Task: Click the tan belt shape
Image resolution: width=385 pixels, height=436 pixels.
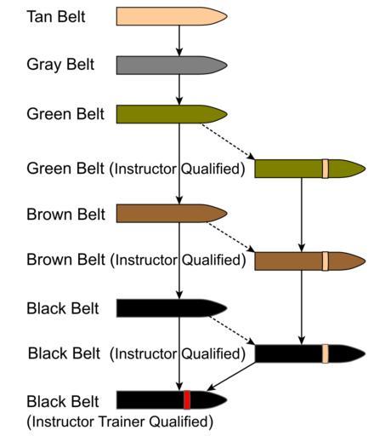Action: pyautogui.click(x=172, y=16)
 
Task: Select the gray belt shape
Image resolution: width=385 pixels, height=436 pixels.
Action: pyautogui.click(x=172, y=66)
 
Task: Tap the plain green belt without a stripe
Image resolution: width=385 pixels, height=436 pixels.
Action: pyautogui.click(x=172, y=114)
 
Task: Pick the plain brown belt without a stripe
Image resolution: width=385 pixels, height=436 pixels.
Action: pyautogui.click(x=172, y=213)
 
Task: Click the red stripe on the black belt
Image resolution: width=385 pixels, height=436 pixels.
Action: pyautogui.click(x=187, y=399)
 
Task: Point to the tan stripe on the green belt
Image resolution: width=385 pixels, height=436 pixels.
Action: pyautogui.click(x=326, y=169)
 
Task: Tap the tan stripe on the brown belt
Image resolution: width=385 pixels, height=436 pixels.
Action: pyautogui.click(x=326, y=261)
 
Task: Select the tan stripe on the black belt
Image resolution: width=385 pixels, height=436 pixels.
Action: pyautogui.click(x=326, y=353)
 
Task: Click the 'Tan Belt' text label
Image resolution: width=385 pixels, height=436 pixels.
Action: pyautogui.click(x=56, y=16)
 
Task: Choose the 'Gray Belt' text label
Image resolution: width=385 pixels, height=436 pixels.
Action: pyautogui.click(x=60, y=65)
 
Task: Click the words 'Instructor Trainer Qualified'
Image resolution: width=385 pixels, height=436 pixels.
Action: pyautogui.click(x=120, y=422)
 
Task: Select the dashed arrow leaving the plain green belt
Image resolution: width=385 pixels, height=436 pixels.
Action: pyautogui.click(x=228, y=141)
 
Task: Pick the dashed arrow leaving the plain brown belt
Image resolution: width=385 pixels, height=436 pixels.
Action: pyautogui.click(x=231, y=238)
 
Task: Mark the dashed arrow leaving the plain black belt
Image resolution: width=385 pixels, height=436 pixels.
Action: pyautogui.click(x=233, y=330)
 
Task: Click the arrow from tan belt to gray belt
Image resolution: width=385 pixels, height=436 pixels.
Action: pyautogui.click(x=179, y=41)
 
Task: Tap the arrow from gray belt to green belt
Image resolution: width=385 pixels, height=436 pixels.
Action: pyautogui.click(x=179, y=89)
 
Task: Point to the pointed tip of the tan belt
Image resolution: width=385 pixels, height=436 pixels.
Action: pyautogui.click(x=227, y=16)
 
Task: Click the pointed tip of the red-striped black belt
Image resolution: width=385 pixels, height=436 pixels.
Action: pyautogui.click(x=227, y=399)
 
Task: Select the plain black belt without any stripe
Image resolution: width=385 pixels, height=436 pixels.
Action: pyautogui.click(x=172, y=308)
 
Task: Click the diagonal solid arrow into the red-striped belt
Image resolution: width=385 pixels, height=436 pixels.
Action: pyautogui.click(x=231, y=376)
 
